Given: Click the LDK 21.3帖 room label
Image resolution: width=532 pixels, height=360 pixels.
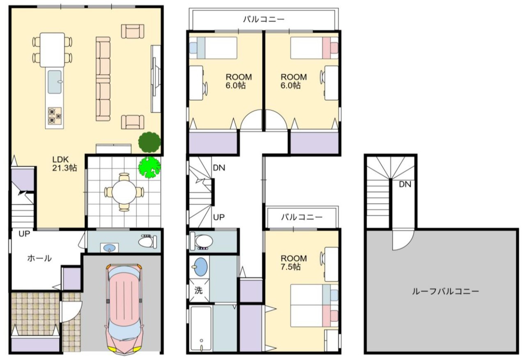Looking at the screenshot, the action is point(64,163).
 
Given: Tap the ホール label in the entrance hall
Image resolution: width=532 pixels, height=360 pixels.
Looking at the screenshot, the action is point(39,258).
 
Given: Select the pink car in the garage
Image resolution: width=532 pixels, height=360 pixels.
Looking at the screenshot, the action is point(124,309).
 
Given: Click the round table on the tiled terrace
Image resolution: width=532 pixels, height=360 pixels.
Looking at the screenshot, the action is point(124,192).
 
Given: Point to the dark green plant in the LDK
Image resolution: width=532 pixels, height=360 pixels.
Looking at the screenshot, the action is point(150,142).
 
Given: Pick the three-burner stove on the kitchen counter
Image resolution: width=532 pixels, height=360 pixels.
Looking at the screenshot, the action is point(55,116).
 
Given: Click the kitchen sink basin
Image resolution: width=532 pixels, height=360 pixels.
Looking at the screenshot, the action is point(55,82).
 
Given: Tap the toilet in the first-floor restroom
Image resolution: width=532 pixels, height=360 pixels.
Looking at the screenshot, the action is point(147,242).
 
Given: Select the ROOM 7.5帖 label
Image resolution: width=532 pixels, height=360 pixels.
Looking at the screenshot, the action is point(294,262).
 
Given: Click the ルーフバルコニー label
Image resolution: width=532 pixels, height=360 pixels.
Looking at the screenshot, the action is point(445,291).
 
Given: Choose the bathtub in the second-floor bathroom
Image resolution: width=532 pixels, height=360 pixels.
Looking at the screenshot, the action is point(201,328).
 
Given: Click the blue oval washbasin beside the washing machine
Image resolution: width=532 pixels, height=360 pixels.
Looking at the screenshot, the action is point(201,267).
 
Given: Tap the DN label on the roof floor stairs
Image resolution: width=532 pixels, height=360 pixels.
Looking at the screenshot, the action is point(405,184).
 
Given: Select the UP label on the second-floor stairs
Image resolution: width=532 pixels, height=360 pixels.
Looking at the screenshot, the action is point(219,217).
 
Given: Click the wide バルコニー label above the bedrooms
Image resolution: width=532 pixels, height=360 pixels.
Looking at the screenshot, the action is point(264,19).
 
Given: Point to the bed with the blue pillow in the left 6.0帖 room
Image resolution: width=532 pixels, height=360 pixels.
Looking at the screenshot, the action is point(213,48).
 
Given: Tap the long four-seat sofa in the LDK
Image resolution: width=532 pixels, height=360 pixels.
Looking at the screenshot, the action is point(103,79).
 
